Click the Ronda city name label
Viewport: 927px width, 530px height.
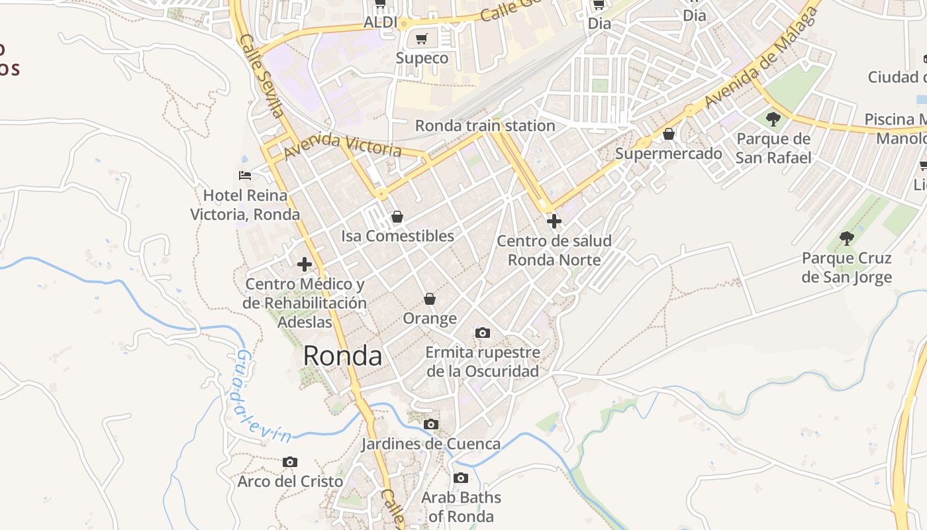pos(342,356)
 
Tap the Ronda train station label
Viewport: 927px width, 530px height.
pos(485,125)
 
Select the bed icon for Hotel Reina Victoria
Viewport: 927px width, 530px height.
pos(245,176)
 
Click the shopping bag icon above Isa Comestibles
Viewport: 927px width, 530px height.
pos(397,217)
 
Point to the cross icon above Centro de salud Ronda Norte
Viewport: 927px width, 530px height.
pos(554,221)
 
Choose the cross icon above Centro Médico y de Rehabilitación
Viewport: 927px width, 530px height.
pos(305,265)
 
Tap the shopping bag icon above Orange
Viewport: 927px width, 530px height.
pos(430,299)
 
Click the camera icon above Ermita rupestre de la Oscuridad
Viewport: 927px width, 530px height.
pos(483,333)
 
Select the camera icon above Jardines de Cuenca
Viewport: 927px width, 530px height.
pos(431,424)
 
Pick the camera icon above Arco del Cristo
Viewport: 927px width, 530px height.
pos(290,462)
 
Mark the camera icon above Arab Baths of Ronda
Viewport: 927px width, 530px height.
pos(461,478)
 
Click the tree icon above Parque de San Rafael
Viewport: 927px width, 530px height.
pos(773,120)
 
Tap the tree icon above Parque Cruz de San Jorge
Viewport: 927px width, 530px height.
pos(846,238)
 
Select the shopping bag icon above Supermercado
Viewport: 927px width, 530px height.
pos(669,134)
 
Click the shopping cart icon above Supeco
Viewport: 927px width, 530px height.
pos(422,39)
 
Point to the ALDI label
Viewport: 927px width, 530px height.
pos(380,23)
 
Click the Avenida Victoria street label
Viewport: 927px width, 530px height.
pos(342,145)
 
